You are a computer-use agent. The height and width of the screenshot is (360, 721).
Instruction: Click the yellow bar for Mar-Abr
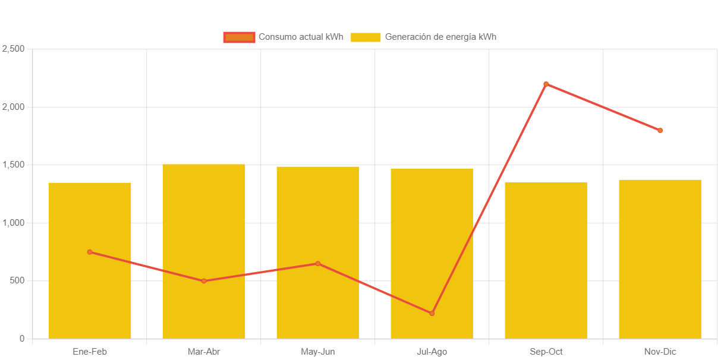(x=204, y=238)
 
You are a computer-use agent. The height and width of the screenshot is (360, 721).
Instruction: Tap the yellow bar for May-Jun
(x=318, y=226)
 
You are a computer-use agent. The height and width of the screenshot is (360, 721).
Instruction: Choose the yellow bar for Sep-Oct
(x=546, y=267)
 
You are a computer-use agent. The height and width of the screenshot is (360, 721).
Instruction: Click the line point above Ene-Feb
(x=90, y=252)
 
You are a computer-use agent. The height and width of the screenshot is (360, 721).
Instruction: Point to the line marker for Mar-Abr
(x=204, y=281)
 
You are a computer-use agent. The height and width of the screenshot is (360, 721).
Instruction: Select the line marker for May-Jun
(x=318, y=264)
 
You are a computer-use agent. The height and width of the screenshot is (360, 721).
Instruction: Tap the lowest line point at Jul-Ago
(x=432, y=313)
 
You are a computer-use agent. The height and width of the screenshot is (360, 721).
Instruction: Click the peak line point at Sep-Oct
(x=546, y=84)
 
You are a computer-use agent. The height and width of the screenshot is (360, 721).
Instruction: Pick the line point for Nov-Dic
(x=660, y=130)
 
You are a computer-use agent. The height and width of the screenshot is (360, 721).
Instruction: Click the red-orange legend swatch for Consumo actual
(x=239, y=37)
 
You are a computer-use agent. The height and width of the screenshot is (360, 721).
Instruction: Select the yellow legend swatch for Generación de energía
(x=366, y=37)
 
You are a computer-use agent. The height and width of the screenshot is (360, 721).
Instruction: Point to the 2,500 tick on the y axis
(x=13, y=48)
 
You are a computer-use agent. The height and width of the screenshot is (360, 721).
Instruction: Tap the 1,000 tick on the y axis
(x=13, y=223)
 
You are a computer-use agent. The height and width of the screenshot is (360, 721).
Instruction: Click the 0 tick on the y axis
(x=22, y=339)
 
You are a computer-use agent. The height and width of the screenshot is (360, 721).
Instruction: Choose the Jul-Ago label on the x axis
(x=432, y=352)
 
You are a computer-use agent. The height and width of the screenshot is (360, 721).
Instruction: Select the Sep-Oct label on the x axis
(x=546, y=352)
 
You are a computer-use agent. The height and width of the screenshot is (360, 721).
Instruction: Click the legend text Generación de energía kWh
(x=440, y=37)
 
